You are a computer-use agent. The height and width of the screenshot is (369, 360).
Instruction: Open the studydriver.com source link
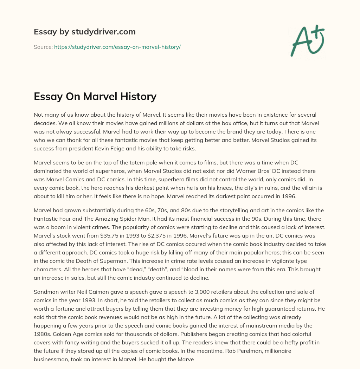(117, 47)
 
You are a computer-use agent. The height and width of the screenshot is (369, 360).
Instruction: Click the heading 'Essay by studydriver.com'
(85, 32)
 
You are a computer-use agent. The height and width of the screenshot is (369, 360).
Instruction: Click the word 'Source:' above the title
(43, 47)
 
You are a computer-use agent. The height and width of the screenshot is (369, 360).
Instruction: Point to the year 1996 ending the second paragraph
(289, 196)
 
